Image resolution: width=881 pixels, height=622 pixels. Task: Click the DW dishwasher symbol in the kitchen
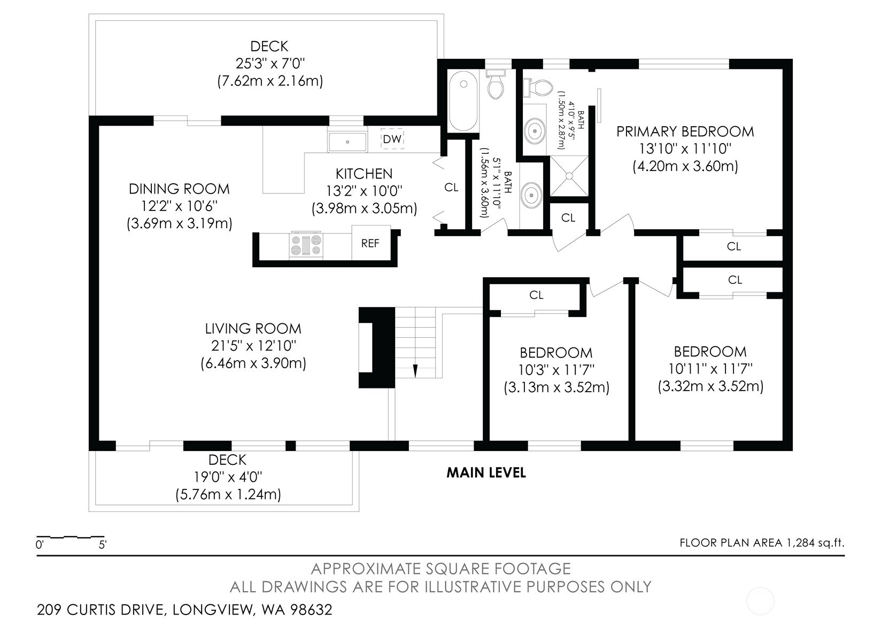pyautogui.click(x=392, y=139)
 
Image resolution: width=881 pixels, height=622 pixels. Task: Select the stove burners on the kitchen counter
pyautogui.click(x=306, y=245)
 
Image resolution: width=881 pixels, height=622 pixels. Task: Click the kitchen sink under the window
pyautogui.click(x=347, y=142)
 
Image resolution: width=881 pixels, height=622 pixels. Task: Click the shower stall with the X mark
pyautogui.click(x=569, y=176)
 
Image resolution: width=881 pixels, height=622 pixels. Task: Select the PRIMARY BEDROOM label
pyautogui.click(x=685, y=131)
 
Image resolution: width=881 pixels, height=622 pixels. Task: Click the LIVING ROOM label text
pyautogui.click(x=253, y=328)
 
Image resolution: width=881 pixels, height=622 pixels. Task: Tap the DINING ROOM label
pyautogui.click(x=179, y=189)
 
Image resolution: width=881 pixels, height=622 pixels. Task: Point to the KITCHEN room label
pyautogui.click(x=364, y=174)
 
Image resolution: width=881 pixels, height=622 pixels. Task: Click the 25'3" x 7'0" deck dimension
pyautogui.click(x=270, y=63)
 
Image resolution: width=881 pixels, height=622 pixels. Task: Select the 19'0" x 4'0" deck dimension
pyautogui.click(x=228, y=477)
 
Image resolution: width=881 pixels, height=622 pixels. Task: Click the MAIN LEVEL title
pyautogui.click(x=486, y=472)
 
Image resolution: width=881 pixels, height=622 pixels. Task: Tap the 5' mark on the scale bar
pyautogui.click(x=103, y=545)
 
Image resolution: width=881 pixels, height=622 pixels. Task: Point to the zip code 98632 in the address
pyautogui.click(x=311, y=610)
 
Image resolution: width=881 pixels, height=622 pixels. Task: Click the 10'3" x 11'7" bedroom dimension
pyautogui.click(x=556, y=370)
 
